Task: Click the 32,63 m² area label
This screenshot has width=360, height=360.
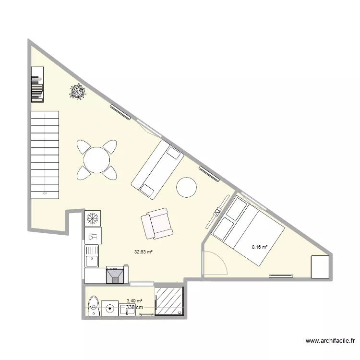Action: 143,252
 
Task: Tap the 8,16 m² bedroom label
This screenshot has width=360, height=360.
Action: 260,248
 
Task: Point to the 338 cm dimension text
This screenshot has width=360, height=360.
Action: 134,308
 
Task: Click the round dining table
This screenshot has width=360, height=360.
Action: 96,160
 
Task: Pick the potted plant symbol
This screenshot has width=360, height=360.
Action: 77,92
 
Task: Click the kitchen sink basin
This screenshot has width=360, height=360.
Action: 91,261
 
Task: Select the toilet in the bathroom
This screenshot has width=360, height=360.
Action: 94,306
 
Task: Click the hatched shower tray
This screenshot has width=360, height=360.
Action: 169,301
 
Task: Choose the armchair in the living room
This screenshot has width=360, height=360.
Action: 156,224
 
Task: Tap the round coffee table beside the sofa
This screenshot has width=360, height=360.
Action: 186,187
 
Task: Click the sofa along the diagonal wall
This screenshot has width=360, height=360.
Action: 157,169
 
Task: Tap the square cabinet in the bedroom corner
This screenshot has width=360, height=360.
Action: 320,267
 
